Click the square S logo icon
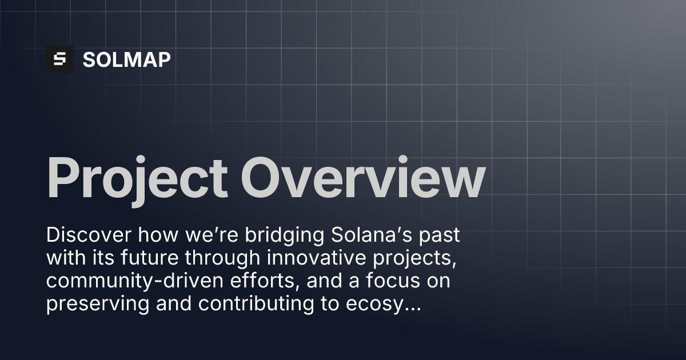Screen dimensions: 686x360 [59, 59]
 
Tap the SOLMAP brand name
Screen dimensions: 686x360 [126, 59]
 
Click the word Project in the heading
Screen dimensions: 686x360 [137, 181]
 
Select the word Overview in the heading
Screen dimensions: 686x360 [363, 178]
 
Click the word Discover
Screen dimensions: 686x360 [89, 235]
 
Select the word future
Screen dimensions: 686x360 [149, 258]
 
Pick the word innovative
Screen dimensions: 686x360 [316, 258]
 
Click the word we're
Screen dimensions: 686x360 [212, 235]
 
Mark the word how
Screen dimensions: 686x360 [158, 235]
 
